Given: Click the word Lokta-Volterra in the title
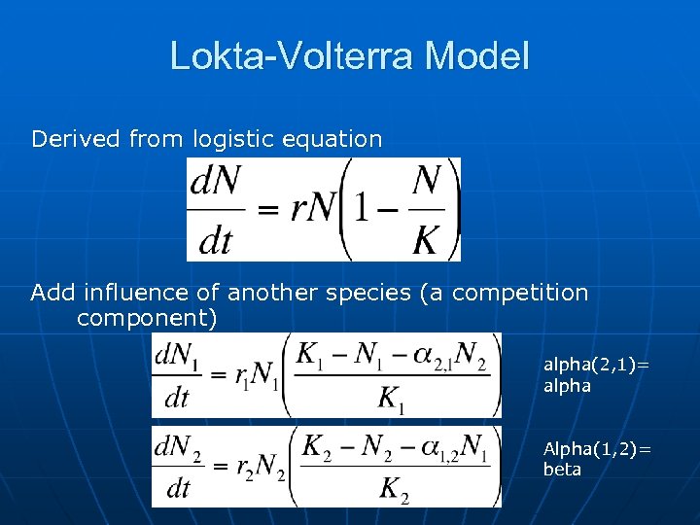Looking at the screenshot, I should click(x=282, y=55).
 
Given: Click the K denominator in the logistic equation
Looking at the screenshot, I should click(x=424, y=239).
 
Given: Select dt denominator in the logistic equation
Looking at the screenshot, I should click(x=215, y=239).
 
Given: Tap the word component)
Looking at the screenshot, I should click(x=146, y=318).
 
